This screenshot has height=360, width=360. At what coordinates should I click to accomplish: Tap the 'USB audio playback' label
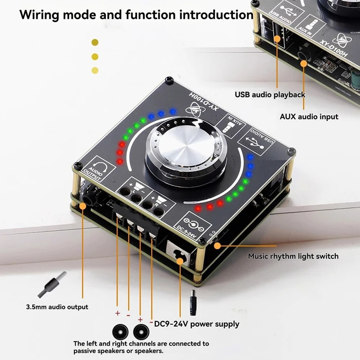tap(270, 94)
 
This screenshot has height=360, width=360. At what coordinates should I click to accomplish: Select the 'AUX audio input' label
tap(309, 117)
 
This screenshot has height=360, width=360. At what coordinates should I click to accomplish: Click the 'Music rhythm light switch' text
tap(293, 256)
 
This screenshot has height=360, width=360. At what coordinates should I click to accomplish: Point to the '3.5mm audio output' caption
tap(57, 307)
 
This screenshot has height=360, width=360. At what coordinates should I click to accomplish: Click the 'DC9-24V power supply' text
tap(197, 324)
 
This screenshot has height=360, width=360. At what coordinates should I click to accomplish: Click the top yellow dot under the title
tap(95, 42)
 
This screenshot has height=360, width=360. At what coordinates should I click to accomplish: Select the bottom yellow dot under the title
tap(95, 70)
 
